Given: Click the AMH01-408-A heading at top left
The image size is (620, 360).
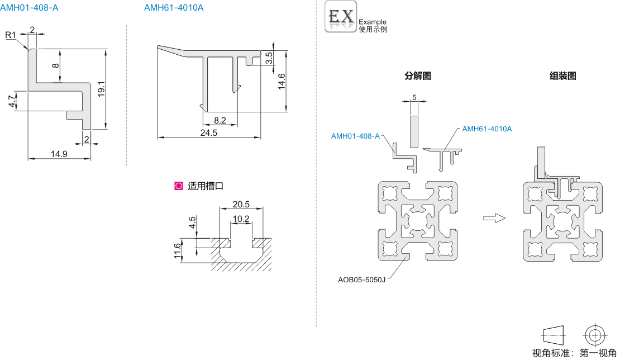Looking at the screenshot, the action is point(29,7).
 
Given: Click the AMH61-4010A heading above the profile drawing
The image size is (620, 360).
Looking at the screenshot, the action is point(174,7).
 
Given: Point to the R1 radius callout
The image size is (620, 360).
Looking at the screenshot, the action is point(10,35).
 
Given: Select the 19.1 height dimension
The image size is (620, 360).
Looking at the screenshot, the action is point(101,89).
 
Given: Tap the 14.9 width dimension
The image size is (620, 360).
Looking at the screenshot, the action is point(59,154).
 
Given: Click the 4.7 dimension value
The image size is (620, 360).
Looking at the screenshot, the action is point(12,101).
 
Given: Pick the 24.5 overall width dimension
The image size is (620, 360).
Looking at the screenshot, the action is point(208,133).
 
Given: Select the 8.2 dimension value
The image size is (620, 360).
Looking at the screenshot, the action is point(220,120).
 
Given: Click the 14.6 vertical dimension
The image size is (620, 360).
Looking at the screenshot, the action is point(282,82).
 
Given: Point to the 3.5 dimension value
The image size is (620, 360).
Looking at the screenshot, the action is point(269,58).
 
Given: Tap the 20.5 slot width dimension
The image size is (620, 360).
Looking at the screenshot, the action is point(241,204).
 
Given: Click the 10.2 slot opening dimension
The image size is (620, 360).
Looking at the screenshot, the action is point(241,219).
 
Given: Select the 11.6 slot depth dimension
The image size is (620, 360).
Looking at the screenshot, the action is point(178,251).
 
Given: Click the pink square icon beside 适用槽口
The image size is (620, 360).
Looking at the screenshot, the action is point(179,186).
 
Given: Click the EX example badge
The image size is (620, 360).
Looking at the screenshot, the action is point(341,16).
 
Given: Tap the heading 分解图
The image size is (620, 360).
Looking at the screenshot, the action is point(418,76).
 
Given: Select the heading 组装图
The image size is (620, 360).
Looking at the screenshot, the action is point(562,76).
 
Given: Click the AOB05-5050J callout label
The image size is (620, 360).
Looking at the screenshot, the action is point(361,280).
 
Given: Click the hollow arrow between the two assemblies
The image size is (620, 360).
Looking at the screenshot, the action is point(494,218).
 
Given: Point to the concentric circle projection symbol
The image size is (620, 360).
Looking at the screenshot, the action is point(595,335).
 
